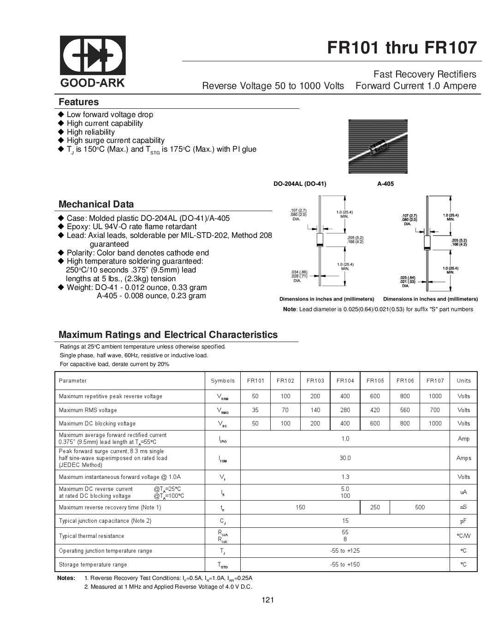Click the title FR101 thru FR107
402,48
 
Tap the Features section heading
78,102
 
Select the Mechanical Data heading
96,204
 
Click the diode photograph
378,146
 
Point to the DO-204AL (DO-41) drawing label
300,183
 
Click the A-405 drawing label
385,183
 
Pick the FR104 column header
345,381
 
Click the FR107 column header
435,381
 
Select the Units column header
463,381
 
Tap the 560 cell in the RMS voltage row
405,410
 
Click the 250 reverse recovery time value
375,507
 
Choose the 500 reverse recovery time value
420,507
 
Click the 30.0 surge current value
345,458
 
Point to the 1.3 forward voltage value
345,477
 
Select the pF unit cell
463,521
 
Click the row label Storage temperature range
93,565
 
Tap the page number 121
267,600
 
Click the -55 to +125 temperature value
345,551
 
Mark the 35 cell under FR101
255,410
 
